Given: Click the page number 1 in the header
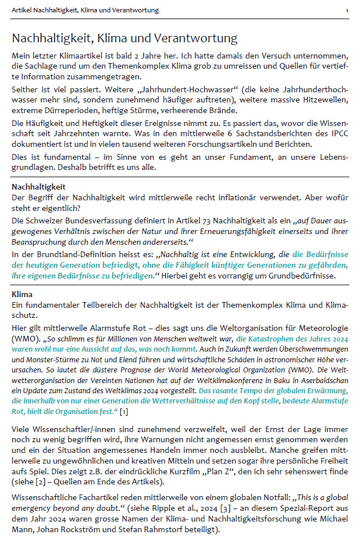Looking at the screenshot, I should [346, 10].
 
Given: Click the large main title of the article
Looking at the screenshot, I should [124, 39].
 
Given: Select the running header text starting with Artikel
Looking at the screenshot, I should [85, 10].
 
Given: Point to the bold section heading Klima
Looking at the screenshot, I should [22, 294].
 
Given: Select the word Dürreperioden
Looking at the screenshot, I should [76, 110].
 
